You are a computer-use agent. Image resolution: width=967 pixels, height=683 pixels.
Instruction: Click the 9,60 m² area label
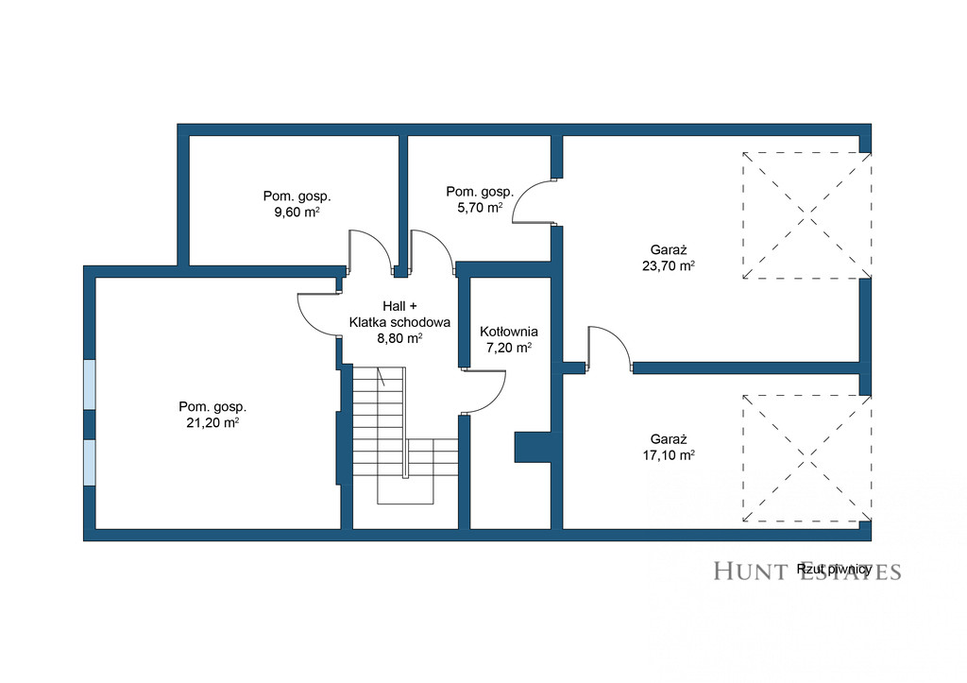pyautogui.click(x=297, y=213)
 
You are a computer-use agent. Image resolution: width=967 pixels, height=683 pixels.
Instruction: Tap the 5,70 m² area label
pyautogui.click(x=480, y=208)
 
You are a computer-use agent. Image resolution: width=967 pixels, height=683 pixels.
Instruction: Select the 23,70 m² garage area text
pyautogui.click(x=669, y=265)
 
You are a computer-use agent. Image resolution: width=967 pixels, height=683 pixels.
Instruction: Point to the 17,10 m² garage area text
pyautogui.click(x=669, y=455)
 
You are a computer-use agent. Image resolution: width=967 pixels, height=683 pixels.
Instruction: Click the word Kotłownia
pyautogui.click(x=509, y=332)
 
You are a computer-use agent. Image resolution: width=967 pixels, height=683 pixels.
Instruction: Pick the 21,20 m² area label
pyautogui.click(x=212, y=422)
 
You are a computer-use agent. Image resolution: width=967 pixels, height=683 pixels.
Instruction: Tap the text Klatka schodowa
pyautogui.click(x=399, y=322)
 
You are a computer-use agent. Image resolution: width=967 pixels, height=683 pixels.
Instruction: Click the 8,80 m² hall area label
pyautogui.click(x=399, y=338)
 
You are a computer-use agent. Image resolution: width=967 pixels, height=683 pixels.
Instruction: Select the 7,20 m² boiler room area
pyautogui.click(x=509, y=348)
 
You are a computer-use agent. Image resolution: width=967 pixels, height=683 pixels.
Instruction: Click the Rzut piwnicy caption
pyautogui.click(x=834, y=569)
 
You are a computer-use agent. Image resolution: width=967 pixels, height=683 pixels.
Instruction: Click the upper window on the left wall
pyautogui.click(x=90, y=384)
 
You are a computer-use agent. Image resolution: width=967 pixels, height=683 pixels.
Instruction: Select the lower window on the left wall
pyautogui.click(x=90, y=463)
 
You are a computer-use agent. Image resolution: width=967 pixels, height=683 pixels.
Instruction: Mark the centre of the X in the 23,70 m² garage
pyautogui.click(x=806, y=215)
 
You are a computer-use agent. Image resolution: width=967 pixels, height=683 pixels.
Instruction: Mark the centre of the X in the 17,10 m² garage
pyautogui.click(x=806, y=458)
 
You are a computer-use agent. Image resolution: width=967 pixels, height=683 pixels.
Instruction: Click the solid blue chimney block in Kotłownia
pyautogui.click(x=533, y=447)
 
